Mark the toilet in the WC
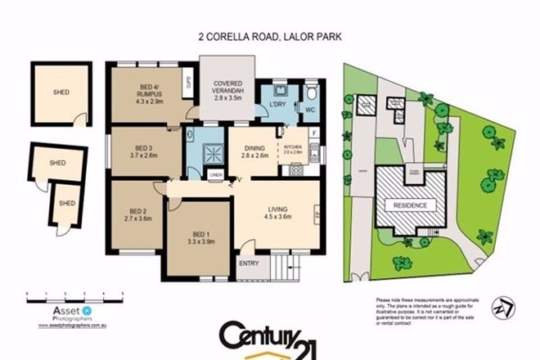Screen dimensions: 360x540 pos(312,92)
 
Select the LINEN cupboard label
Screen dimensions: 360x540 pos(215,175)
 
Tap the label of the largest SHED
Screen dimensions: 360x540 pos(56,92)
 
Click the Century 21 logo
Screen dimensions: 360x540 pos(270,337)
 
